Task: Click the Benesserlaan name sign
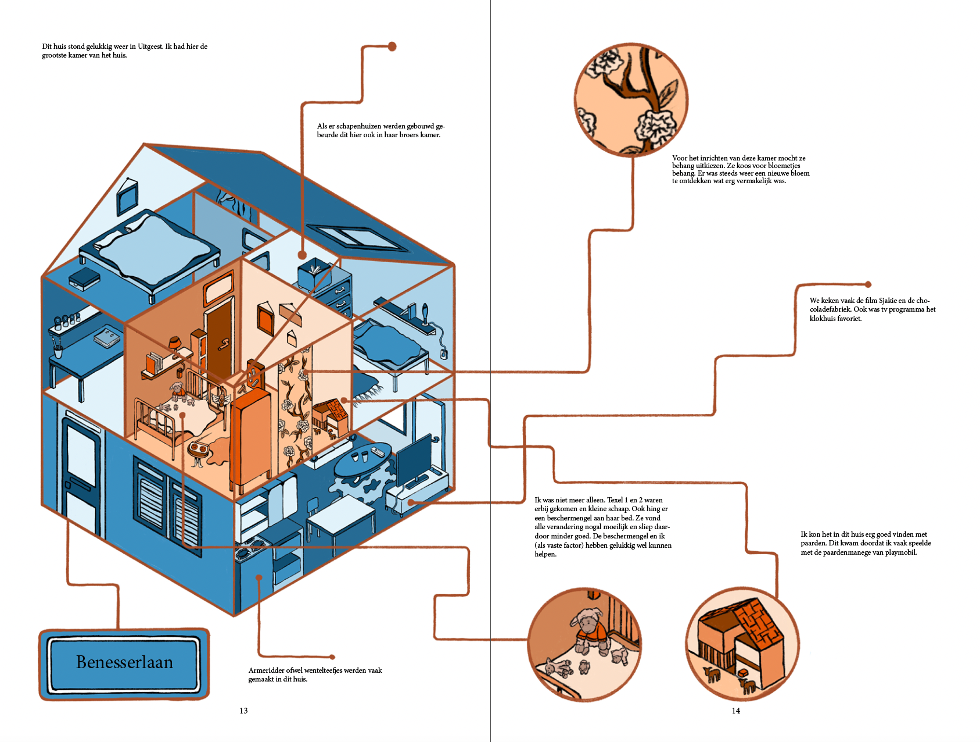pyautogui.click(x=124, y=663)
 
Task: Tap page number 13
pyautogui.click(x=243, y=711)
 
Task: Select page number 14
pyautogui.click(x=735, y=711)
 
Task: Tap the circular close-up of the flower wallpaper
pyautogui.click(x=631, y=99)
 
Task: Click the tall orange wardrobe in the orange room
pyautogui.click(x=251, y=436)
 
